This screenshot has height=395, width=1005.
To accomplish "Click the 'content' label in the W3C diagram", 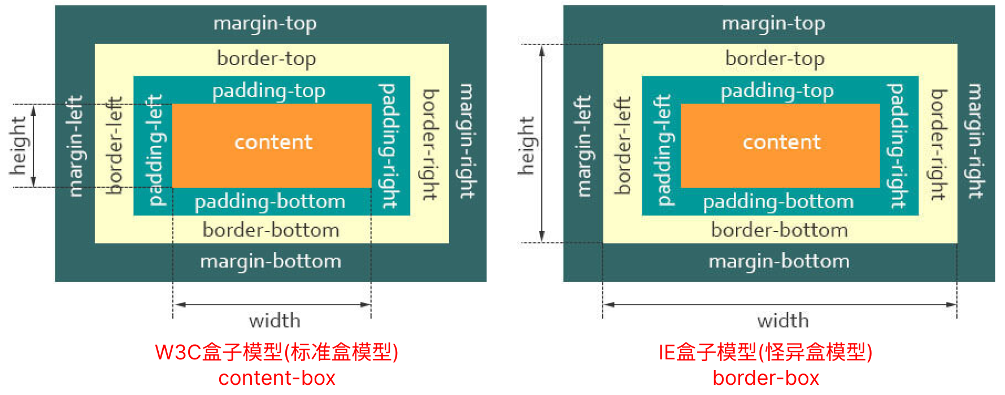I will click(x=273, y=142).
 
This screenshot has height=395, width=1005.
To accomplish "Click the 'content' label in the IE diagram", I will click(x=781, y=142).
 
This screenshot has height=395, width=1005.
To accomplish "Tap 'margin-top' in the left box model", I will click(x=265, y=24).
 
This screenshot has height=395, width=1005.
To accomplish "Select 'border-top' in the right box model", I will click(x=775, y=58).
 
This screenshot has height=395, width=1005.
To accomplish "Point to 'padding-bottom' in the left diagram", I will click(x=270, y=202).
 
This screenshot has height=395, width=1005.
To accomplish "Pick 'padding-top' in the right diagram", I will click(x=777, y=91).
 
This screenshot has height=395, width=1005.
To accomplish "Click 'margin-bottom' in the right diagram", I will click(x=779, y=261).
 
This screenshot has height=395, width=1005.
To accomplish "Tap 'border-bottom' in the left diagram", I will click(x=271, y=230).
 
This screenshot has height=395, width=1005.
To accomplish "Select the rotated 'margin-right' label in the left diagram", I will click(x=467, y=141).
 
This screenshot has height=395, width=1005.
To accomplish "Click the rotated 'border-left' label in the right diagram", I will click(x=623, y=145).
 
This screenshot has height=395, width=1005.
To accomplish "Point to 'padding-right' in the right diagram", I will click(x=897, y=146).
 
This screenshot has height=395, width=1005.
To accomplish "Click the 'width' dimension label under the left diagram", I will click(x=275, y=320).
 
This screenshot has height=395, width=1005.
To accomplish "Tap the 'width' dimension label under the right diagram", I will click(x=783, y=320).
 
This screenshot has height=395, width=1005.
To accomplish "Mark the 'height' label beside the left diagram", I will click(x=18, y=145).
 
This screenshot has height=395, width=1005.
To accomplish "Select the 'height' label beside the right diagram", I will click(x=527, y=145).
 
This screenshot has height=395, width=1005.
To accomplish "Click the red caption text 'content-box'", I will click(x=277, y=378).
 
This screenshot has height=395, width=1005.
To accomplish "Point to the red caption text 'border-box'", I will click(x=765, y=378).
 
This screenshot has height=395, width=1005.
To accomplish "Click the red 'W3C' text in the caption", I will click(x=178, y=352).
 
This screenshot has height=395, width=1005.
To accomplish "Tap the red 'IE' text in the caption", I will click(x=667, y=352).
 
